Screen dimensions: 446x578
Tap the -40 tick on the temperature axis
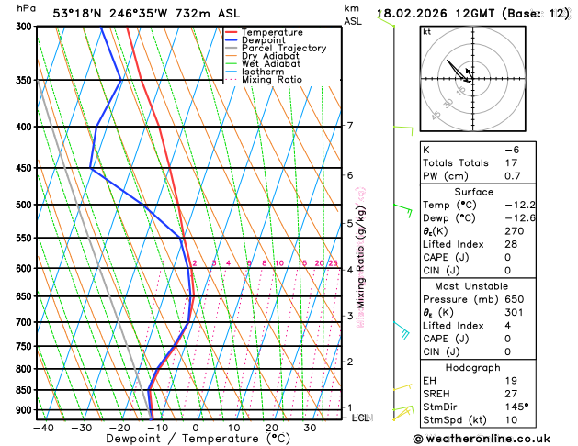point(41,427)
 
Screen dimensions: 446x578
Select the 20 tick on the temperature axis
point(272,427)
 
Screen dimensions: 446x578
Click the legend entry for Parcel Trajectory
point(284,49)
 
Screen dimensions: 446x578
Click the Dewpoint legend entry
point(264,40)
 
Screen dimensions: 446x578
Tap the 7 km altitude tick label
point(350,126)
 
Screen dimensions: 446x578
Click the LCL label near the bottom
point(360,418)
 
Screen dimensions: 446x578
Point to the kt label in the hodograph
point(426,31)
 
